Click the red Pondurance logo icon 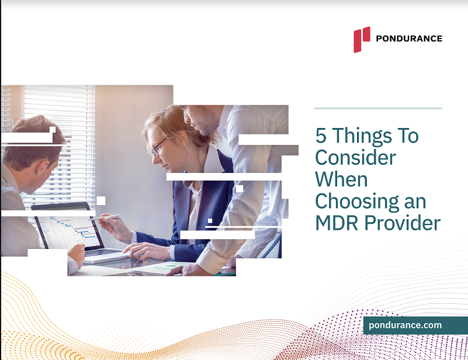361,39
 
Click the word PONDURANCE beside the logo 409,39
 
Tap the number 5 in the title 321,136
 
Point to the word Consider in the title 355,157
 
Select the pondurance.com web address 405,326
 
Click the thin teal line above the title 377,108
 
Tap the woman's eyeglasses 158,146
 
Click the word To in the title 407,136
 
